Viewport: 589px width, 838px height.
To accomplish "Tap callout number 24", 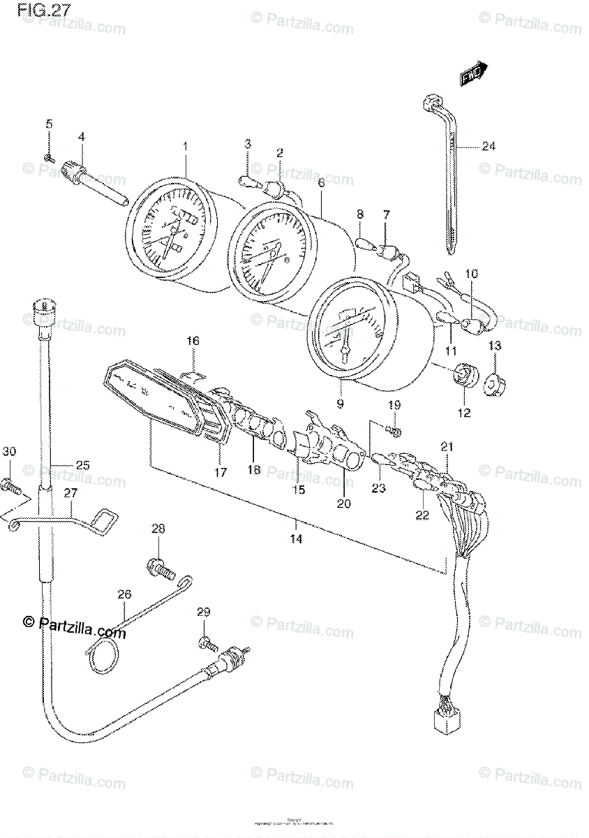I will tap(488, 147).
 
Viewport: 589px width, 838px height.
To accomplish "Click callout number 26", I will tap(124, 595).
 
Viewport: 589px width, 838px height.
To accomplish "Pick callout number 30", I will tap(8, 451).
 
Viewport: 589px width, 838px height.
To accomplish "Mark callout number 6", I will tap(320, 183).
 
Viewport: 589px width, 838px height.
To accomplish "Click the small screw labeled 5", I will tap(47, 157).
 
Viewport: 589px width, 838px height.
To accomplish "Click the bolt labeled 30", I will tap(10, 483).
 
